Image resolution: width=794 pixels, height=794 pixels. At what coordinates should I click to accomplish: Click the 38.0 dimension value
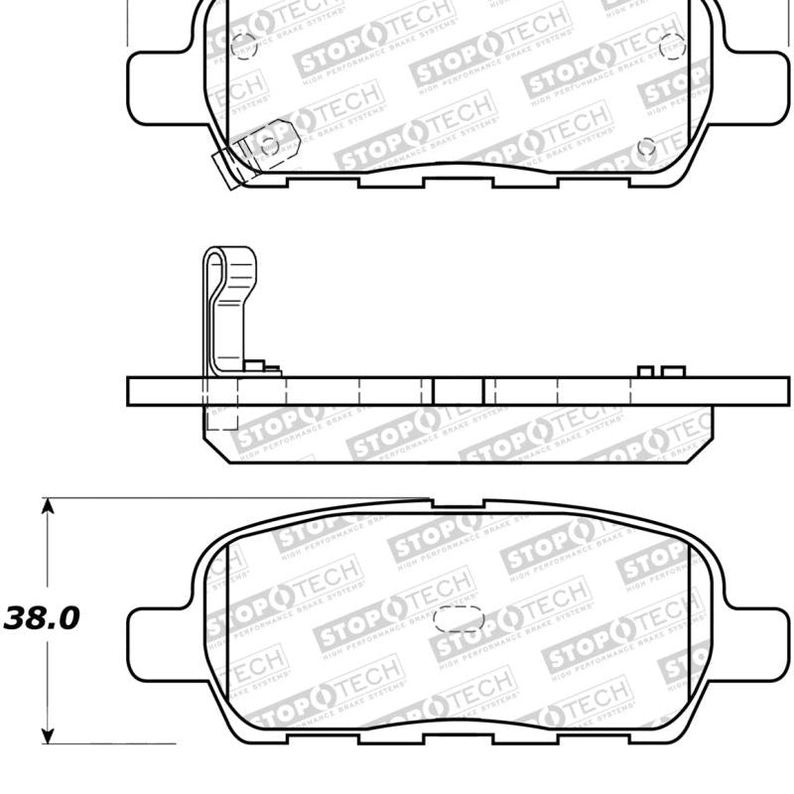click(x=42, y=619)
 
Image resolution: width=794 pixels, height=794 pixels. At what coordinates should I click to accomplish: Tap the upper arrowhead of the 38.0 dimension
click(x=46, y=507)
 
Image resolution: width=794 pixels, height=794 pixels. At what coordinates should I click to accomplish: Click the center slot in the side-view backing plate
click(x=459, y=391)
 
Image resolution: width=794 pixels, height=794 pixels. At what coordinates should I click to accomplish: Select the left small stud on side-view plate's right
click(x=645, y=372)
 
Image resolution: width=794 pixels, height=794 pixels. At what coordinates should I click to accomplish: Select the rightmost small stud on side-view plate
click(x=674, y=372)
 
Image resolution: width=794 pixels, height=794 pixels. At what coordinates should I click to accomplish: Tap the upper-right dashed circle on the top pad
click(x=671, y=45)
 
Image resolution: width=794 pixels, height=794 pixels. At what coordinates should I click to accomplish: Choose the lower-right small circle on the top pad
click(x=646, y=147)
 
